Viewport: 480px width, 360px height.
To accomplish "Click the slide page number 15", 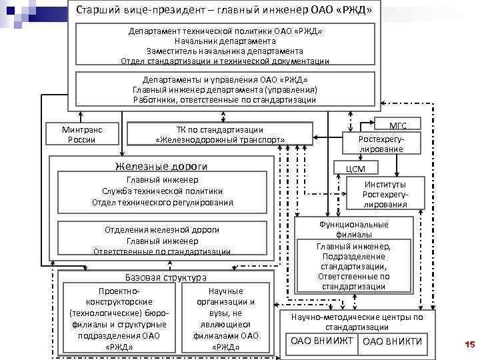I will [x=468, y=344].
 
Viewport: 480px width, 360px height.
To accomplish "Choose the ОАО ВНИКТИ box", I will [x=391, y=341].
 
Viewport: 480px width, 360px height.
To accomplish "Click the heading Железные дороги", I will [x=161, y=166].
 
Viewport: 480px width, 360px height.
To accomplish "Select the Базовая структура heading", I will [x=166, y=277].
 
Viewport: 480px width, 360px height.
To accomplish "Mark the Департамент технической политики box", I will [x=225, y=46].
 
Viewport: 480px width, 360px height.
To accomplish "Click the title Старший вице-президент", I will [x=224, y=11].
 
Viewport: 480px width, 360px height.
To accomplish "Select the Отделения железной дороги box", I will [x=162, y=240].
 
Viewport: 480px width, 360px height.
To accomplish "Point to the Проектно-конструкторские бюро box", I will [x=119, y=319].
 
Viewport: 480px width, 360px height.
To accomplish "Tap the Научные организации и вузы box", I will [x=226, y=319].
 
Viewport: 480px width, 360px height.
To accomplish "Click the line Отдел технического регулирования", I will [x=162, y=202].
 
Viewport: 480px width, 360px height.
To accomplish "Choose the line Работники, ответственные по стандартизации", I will [x=224, y=100].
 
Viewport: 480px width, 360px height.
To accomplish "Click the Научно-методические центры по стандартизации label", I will [x=357, y=322].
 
